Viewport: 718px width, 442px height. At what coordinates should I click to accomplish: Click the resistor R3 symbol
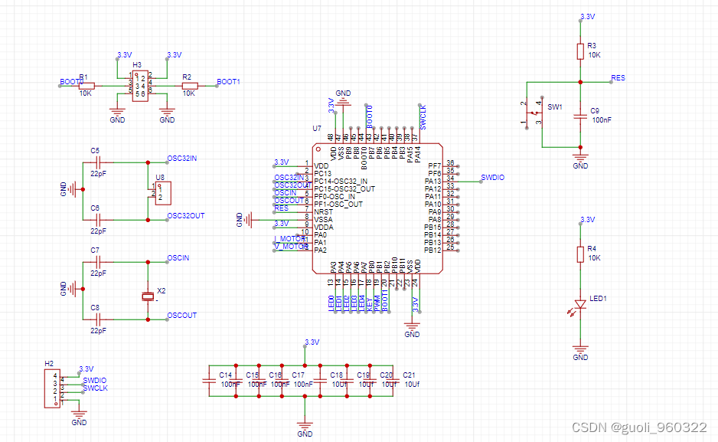580,51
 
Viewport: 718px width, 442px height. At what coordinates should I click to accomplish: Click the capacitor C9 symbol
580,116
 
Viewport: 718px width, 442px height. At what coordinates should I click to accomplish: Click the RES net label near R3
618,78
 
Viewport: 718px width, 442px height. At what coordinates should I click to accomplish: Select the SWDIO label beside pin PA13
492,177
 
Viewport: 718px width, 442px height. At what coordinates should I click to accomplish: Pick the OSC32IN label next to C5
182,159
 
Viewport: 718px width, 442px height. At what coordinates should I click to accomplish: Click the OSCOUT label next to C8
182,315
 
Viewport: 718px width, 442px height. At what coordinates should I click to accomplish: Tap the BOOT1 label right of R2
228,81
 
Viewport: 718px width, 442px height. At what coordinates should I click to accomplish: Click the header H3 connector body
140,85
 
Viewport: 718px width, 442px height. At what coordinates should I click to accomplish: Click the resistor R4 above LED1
580,254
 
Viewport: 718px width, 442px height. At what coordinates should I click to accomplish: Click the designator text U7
316,128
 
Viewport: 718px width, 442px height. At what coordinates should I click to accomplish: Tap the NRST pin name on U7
324,211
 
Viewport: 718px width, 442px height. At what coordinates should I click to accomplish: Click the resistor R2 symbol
188,86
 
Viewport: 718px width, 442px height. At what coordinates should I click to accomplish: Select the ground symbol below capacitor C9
580,159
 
